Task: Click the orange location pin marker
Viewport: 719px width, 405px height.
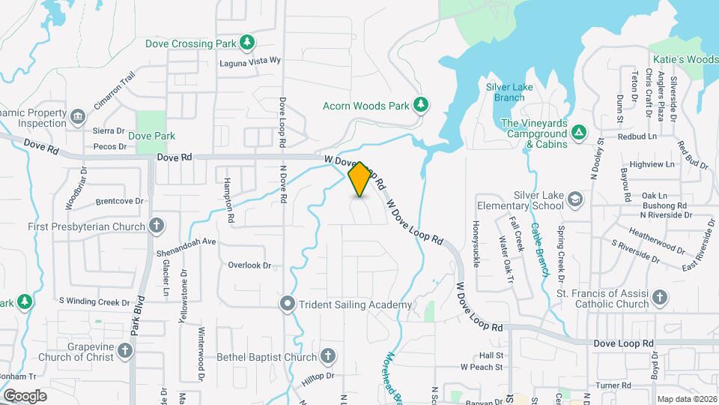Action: (x=359, y=179)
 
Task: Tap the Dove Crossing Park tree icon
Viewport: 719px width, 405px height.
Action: (x=247, y=43)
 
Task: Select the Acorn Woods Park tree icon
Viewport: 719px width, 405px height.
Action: (x=421, y=105)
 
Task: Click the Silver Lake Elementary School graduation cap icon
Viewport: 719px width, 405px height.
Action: (x=574, y=199)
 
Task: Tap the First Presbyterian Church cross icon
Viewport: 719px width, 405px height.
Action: (x=156, y=225)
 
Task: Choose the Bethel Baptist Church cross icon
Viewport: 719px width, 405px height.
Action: (x=327, y=356)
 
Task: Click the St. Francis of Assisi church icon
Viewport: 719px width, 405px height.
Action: (x=660, y=298)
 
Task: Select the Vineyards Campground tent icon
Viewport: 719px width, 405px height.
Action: (x=578, y=132)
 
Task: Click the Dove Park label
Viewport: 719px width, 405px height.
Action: (x=151, y=136)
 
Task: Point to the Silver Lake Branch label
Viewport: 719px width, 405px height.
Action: (x=509, y=92)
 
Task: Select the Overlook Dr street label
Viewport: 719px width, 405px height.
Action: (x=249, y=265)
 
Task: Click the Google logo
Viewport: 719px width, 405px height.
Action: (x=25, y=395)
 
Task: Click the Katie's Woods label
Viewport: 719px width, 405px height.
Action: (x=686, y=59)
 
